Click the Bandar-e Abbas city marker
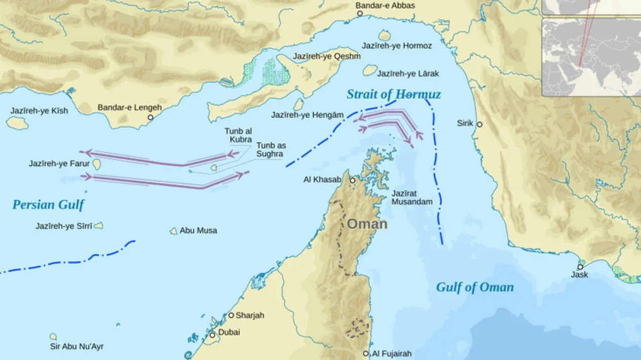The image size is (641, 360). pyautogui.click(x=360, y=14)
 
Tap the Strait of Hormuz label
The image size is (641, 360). pyautogui.click(x=393, y=94)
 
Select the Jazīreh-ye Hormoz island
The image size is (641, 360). pyautogui.click(x=385, y=36)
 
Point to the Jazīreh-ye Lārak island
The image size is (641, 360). pyautogui.click(x=370, y=70)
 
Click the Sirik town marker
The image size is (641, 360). pyautogui.click(x=479, y=124)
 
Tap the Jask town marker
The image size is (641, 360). pyautogui.click(x=580, y=267)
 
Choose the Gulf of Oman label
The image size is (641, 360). pyautogui.click(x=475, y=288)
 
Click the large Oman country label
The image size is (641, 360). pyautogui.click(x=367, y=224)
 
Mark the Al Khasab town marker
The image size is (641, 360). pyautogui.click(x=352, y=180)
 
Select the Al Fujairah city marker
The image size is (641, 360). pyautogui.click(x=366, y=353)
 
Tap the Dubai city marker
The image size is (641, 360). pyautogui.click(x=212, y=335)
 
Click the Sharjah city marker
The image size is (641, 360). pyautogui.click(x=231, y=315)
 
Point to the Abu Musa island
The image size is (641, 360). pyautogui.click(x=173, y=231)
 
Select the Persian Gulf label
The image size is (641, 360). pyautogui.click(x=48, y=205)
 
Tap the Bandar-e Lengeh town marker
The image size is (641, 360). pyautogui.click(x=150, y=117)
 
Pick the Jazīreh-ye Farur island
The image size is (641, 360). pyautogui.click(x=96, y=164)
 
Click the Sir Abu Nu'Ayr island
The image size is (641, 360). pyautogui.click(x=53, y=336)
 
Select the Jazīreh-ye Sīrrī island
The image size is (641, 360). pyautogui.click(x=99, y=226)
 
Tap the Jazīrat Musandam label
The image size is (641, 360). pyautogui.click(x=412, y=197)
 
